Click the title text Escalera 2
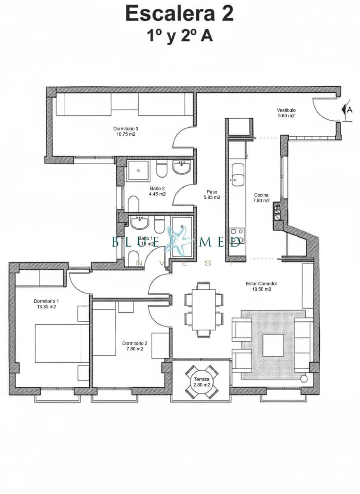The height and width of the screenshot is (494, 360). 180,13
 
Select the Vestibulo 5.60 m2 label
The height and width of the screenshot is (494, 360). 286,113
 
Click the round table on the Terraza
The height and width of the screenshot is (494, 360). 202,382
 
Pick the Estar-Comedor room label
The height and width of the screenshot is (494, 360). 262,286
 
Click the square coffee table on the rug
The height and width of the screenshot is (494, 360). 273,345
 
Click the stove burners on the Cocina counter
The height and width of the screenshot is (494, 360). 237,236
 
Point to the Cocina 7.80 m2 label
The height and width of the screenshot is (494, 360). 262,198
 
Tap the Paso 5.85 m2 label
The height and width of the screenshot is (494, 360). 212,194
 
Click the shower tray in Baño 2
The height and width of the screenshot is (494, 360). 138,170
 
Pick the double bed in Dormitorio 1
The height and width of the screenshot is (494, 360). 62,343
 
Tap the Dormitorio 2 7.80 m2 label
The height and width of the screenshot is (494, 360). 135,346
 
